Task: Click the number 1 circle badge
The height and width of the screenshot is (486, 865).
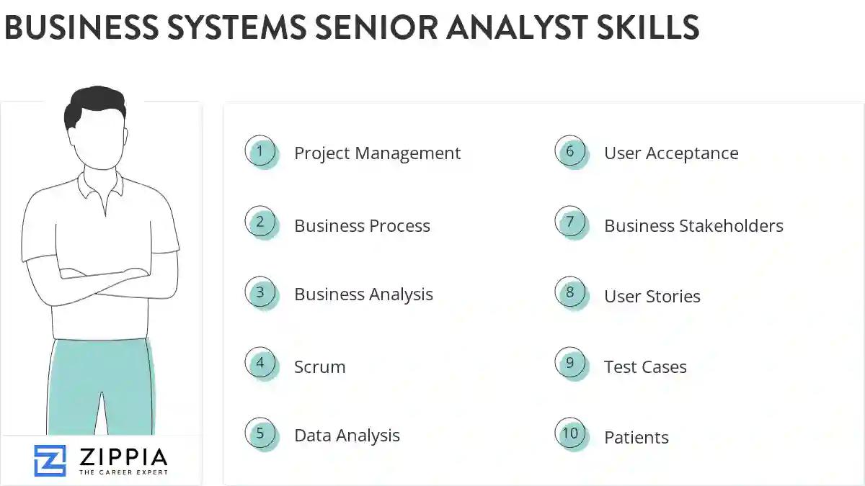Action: tap(260, 152)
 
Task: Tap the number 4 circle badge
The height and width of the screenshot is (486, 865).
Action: tap(260, 364)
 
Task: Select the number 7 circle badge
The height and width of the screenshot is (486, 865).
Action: tap(570, 222)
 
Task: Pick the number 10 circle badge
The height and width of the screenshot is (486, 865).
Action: tap(570, 433)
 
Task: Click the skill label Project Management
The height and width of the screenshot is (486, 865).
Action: tap(377, 153)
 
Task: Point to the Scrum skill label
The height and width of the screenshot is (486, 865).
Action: tap(319, 367)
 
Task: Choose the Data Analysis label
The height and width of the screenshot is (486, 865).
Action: tap(347, 436)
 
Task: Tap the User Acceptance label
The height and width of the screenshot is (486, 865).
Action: tap(671, 153)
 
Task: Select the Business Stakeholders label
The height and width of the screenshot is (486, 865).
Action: tap(693, 226)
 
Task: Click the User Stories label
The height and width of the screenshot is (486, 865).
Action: tap(652, 297)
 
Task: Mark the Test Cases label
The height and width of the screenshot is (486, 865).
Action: tap(645, 367)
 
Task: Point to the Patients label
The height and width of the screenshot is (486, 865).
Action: tap(636, 438)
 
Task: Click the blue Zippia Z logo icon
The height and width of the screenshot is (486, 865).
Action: tap(50, 460)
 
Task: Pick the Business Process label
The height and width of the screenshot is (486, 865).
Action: tap(362, 226)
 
